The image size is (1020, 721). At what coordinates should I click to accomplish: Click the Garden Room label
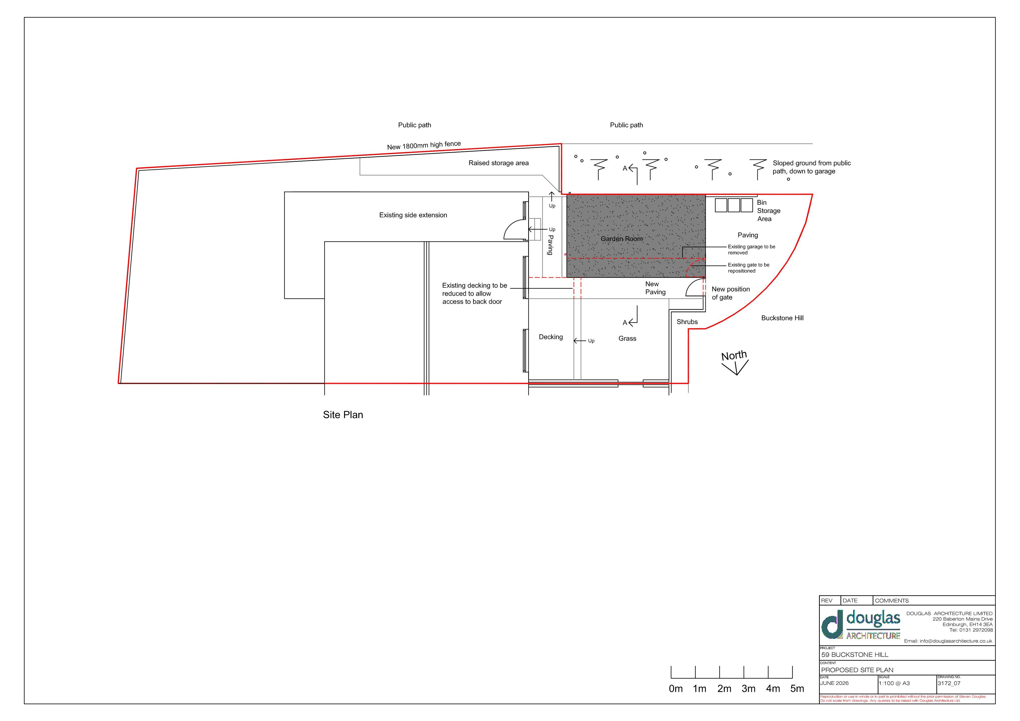click(622, 239)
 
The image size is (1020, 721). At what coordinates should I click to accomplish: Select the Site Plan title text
click(343, 415)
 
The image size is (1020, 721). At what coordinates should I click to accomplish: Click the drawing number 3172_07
click(949, 683)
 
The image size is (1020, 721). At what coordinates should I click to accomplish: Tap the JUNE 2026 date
click(834, 683)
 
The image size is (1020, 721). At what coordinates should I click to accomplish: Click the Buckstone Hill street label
click(782, 318)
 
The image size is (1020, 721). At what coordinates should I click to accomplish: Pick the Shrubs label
click(687, 322)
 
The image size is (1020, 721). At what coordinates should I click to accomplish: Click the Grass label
click(627, 339)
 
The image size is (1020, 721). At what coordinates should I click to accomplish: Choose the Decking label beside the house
click(551, 337)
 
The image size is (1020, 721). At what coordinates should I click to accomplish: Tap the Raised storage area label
click(499, 163)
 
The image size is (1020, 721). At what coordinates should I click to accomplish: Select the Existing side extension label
click(413, 215)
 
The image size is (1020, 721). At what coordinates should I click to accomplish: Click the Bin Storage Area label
click(768, 211)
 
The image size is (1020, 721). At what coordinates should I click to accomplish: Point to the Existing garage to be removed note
click(751, 250)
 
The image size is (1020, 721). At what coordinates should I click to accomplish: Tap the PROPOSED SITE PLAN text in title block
click(857, 670)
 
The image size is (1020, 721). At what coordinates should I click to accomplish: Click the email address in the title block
click(948, 641)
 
